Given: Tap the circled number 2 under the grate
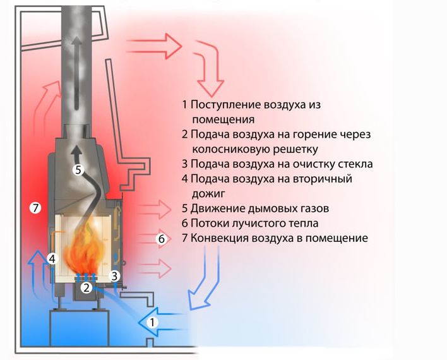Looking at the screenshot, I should [x=86, y=287].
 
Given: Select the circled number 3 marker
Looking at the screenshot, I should [x=114, y=276].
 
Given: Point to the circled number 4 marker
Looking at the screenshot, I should [x=52, y=258].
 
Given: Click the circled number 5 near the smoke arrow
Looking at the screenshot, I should [x=78, y=169].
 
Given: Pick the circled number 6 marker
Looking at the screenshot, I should [x=161, y=239].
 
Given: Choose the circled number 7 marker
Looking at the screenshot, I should [x=35, y=207].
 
